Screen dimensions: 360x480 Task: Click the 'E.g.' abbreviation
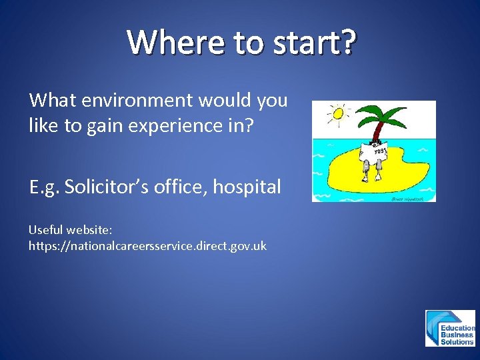point(45,187)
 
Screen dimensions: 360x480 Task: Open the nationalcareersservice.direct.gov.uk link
point(147,245)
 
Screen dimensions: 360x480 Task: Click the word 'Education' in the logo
point(457,328)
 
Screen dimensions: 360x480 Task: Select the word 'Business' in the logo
point(457,335)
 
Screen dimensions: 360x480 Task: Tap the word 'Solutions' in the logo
point(457,341)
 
